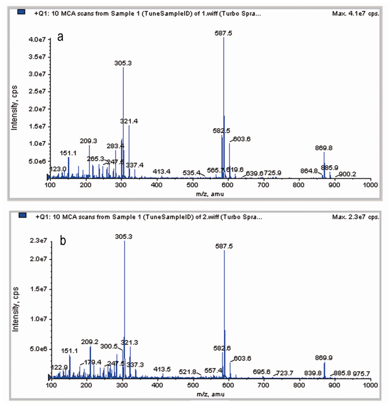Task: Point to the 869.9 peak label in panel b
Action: coord(324,358)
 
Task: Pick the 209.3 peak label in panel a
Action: coord(88,141)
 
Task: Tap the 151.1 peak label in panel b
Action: coord(69,351)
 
